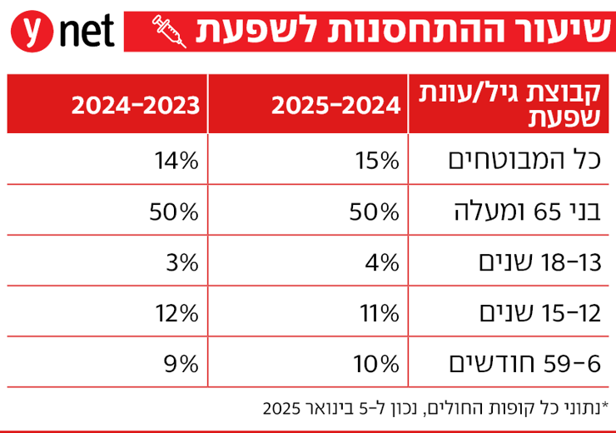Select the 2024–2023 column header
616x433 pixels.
click(137, 105)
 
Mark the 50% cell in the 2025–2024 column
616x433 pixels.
click(379, 211)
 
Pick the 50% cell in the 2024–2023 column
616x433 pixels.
click(177, 211)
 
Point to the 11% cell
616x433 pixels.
click(381, 313)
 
